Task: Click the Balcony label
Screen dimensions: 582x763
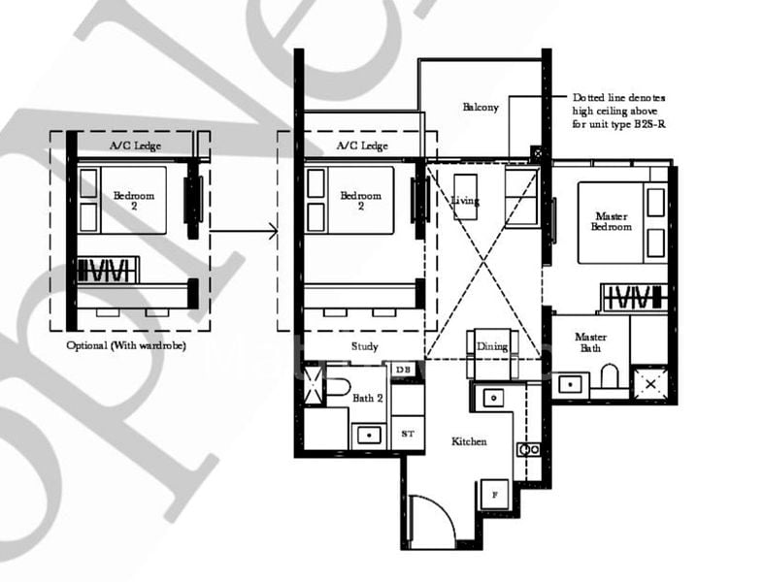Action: point(481,107)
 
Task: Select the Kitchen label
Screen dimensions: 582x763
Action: point(469,441)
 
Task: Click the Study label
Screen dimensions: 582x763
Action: point(365,346)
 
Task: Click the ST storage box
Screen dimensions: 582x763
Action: point(407,435)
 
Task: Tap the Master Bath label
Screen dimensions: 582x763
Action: point(590,341)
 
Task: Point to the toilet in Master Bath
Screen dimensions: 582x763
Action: point(610,375)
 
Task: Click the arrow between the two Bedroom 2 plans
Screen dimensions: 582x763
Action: point(244,231)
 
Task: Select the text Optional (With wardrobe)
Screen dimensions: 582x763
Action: point(126,345)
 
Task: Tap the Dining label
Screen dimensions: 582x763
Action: point(493,345)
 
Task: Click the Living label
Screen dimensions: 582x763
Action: point(466,201)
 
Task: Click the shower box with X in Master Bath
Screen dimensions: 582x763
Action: point(650,383)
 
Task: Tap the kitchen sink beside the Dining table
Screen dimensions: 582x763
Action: point(491,398)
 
